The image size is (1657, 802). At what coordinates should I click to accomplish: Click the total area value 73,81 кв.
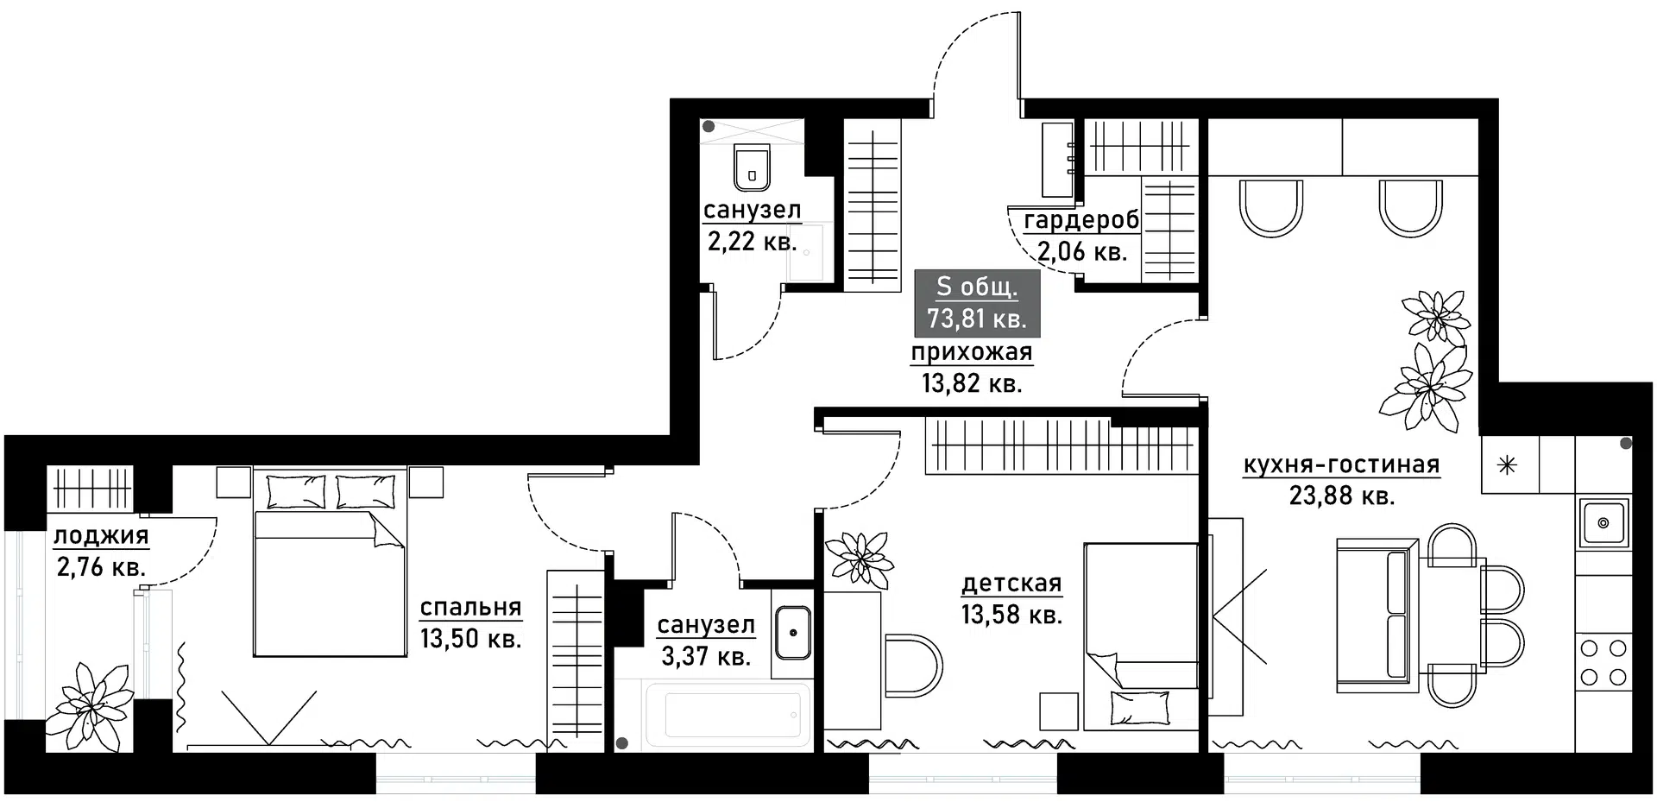(976, 319)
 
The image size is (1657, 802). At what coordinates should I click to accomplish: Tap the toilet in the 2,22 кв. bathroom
(752, 167)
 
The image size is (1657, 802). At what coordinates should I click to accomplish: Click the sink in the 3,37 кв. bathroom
(792, 632)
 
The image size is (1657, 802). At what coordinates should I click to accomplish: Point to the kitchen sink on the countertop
(1603, 522)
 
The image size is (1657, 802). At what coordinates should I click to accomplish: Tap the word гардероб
(1081, 221)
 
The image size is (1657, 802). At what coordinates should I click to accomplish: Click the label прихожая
(972, 352)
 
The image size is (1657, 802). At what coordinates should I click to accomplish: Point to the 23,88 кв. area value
(1342, 496)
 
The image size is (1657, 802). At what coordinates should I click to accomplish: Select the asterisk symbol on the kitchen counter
(1507, 466)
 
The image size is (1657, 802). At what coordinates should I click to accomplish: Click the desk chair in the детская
(915, 666)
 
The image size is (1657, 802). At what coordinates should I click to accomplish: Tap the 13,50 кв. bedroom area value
(470, 639)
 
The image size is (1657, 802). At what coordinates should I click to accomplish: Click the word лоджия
(101, 536)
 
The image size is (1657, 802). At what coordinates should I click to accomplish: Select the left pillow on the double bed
(296, 491)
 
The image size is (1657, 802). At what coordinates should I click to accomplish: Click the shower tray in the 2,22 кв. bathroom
(810, 252)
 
